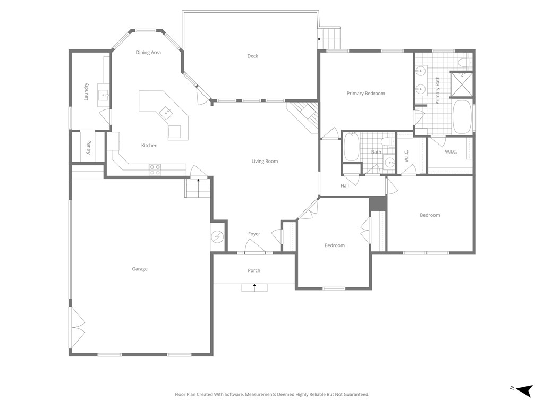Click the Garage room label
[140, 269]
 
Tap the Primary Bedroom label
[365, 93]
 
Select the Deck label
[252, 56]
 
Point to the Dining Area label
[148, 53]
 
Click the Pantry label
[89, 147]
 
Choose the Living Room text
[265, 161]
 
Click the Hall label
[345, 186]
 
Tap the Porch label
[254, 271]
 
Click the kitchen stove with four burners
[155, 169]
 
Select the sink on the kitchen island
[166, 112]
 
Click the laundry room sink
[103, 96]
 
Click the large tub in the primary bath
[462, 117]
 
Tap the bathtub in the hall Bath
[352, 147]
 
